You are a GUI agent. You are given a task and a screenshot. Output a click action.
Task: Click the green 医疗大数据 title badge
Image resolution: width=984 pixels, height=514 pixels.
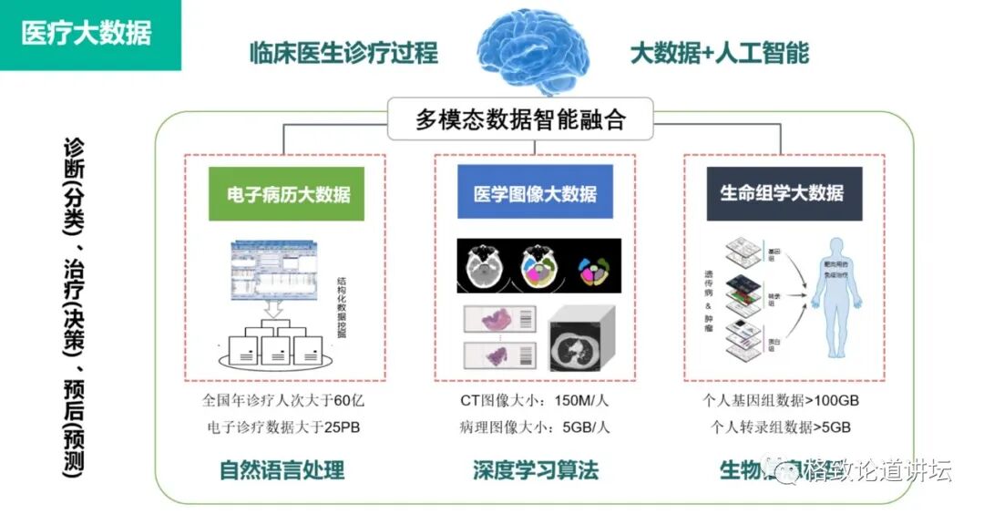(87, 34)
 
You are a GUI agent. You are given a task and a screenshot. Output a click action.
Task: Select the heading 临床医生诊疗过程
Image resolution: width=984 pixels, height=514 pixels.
(343, 53)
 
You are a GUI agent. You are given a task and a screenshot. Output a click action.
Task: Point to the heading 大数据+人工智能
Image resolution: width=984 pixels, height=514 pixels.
(719, 53)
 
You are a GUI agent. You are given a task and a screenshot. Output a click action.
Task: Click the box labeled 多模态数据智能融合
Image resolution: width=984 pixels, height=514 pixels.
(520, 120)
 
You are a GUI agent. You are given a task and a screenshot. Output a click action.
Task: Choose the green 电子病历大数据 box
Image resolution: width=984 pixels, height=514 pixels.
(287, 193)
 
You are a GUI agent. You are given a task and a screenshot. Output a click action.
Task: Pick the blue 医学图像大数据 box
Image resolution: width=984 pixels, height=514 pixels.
(535, 193)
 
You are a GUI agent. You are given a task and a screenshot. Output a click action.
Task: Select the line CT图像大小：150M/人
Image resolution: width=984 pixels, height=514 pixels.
(535, 401)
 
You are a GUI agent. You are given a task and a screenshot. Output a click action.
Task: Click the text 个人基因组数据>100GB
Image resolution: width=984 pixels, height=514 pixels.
(782, 401)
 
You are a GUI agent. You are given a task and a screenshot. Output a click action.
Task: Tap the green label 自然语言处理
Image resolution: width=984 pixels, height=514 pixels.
(282, 470)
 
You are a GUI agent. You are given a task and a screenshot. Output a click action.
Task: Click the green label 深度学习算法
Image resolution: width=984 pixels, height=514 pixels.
(536, 470)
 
